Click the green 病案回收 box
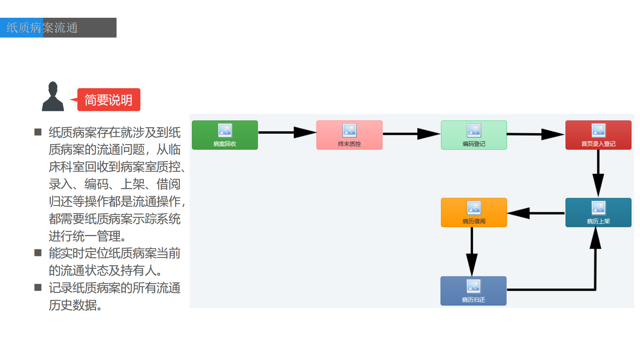coord(225,135)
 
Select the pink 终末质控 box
coord(349,135)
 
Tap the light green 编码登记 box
coord(474,135)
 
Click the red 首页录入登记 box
coord(598,135)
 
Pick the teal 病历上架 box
coord(598,213)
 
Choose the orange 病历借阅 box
coord(474,213)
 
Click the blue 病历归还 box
coord(473,291)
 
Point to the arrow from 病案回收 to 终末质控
coord(287,132)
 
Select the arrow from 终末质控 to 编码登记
coord(411,134)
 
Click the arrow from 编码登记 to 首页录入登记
coord(536,134)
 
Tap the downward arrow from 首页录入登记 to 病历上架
coord(598,174)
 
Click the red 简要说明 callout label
coord(108,100)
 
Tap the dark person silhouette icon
coord(53,97)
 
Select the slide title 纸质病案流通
coord(42,28)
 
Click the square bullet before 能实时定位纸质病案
coord(38,253)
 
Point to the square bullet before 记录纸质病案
coord(38,287)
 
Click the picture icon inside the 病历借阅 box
coord(474,208)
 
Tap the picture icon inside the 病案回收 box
coord(225,130)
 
